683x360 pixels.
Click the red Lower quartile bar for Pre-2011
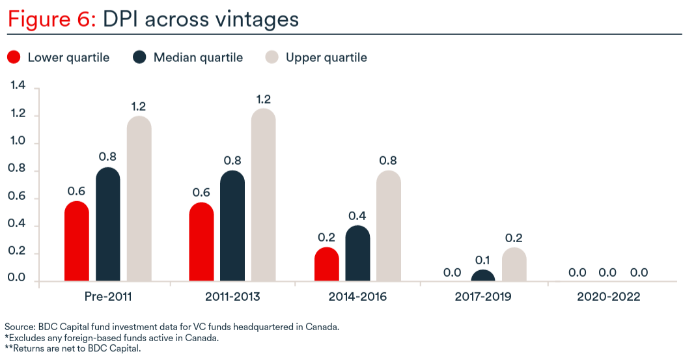point(77,241)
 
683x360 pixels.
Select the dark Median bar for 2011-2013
point(232,225)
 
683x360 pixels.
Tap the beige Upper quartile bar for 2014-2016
point(389,225)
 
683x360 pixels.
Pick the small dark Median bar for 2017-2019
point(482,275)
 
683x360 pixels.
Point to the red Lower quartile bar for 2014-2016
point(327,264)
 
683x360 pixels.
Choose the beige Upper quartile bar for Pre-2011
point(139,199)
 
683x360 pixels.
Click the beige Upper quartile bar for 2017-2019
point(514,264)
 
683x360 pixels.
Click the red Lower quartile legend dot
point(14,57)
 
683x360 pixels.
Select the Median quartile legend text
point(198,57)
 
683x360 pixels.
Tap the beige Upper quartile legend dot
point(272,57)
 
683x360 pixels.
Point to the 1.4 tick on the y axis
point(18,86)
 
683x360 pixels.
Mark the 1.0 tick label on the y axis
point(17,141)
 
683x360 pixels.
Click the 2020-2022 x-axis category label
point(609,297)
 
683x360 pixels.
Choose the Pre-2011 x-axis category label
point(108,297)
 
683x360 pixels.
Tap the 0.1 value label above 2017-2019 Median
point(482,260)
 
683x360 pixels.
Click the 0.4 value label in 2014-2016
point(357,216)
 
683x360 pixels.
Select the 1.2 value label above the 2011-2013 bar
point(264,100)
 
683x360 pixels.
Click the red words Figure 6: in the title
point(52,20)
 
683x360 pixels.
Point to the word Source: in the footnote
point(20,327)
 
